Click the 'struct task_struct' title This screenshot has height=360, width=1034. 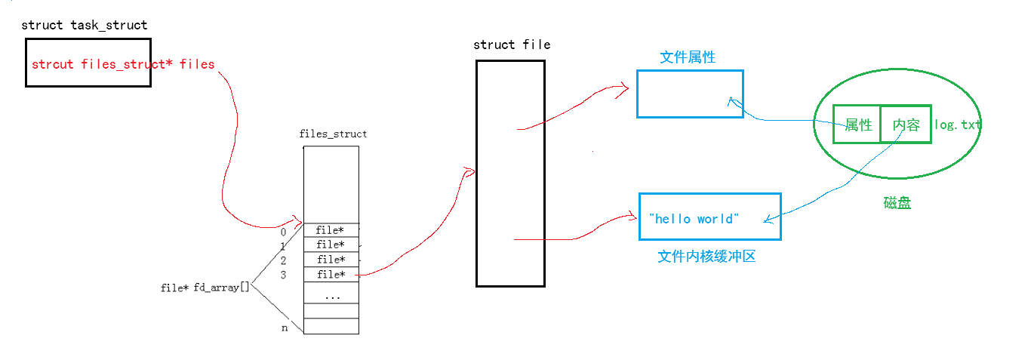click(84, 25)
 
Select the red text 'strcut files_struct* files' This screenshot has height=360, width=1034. click(123, 64)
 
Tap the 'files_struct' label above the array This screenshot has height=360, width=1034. click(333, 134)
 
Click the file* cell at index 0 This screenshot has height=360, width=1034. click(331, 230)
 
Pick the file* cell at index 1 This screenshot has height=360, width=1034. click(331, 245)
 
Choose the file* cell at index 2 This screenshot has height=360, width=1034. click(331, 260)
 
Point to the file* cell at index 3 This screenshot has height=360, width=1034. click(331, 274)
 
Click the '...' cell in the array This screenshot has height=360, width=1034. click(331, 296)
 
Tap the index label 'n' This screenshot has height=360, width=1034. click(284, 328)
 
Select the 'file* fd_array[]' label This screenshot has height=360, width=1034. click(205, 288)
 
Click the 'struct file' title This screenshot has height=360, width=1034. click(512, 45)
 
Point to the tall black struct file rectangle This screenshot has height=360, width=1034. click(510, 173)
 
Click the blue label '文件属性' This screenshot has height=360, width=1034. click(688, 57)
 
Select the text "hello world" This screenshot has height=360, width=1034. click(694, 219)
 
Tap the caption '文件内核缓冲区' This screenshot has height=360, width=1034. click(706, 257)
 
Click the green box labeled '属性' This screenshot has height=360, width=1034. click(858, 125)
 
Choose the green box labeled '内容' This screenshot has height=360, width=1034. click(906, 125)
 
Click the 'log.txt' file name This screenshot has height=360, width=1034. click(958, 125)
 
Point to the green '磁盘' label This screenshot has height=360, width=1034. click(897, 203)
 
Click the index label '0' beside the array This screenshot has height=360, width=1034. click(283, 232)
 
